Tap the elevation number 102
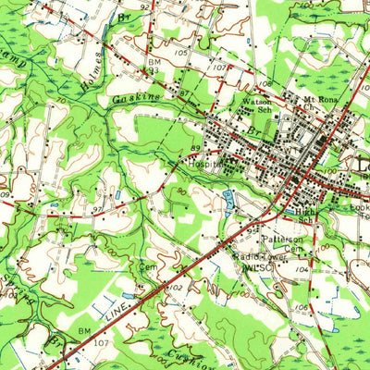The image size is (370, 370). pos(173,288)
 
